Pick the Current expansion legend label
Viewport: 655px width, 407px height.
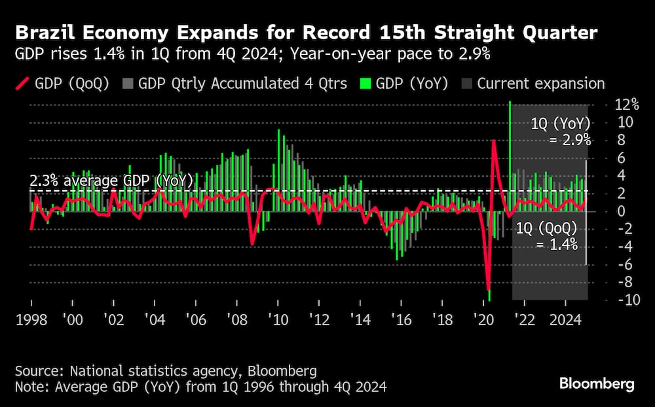541,83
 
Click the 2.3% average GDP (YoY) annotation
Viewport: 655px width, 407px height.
111,181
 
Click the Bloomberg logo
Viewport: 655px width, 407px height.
597,383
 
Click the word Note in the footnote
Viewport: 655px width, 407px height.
30,387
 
